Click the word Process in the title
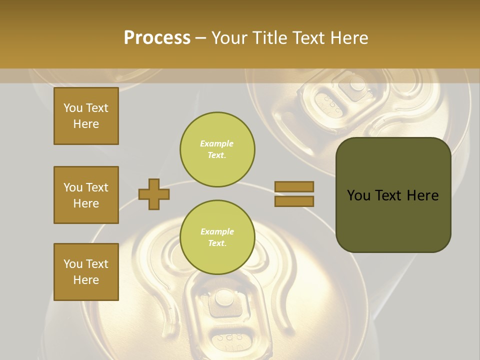click(157, 38)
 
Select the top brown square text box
click(86, 116)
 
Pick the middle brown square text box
click(86, 195)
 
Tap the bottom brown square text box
click(86, 271)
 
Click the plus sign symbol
click(153, 194)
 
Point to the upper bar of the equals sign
click(294, 186)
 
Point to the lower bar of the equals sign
click(294, 201)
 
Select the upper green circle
click(217, 149)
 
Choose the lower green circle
click(217, 237)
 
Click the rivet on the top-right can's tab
click(357, 83)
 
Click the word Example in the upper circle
click(216, 143)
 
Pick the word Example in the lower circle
click(217, 231)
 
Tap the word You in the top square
click(73, 108)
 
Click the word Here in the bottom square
click(86, 280)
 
